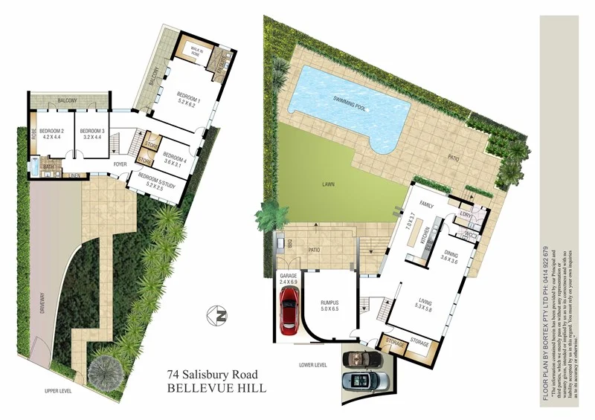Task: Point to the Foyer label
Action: click(x=120, y=164)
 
